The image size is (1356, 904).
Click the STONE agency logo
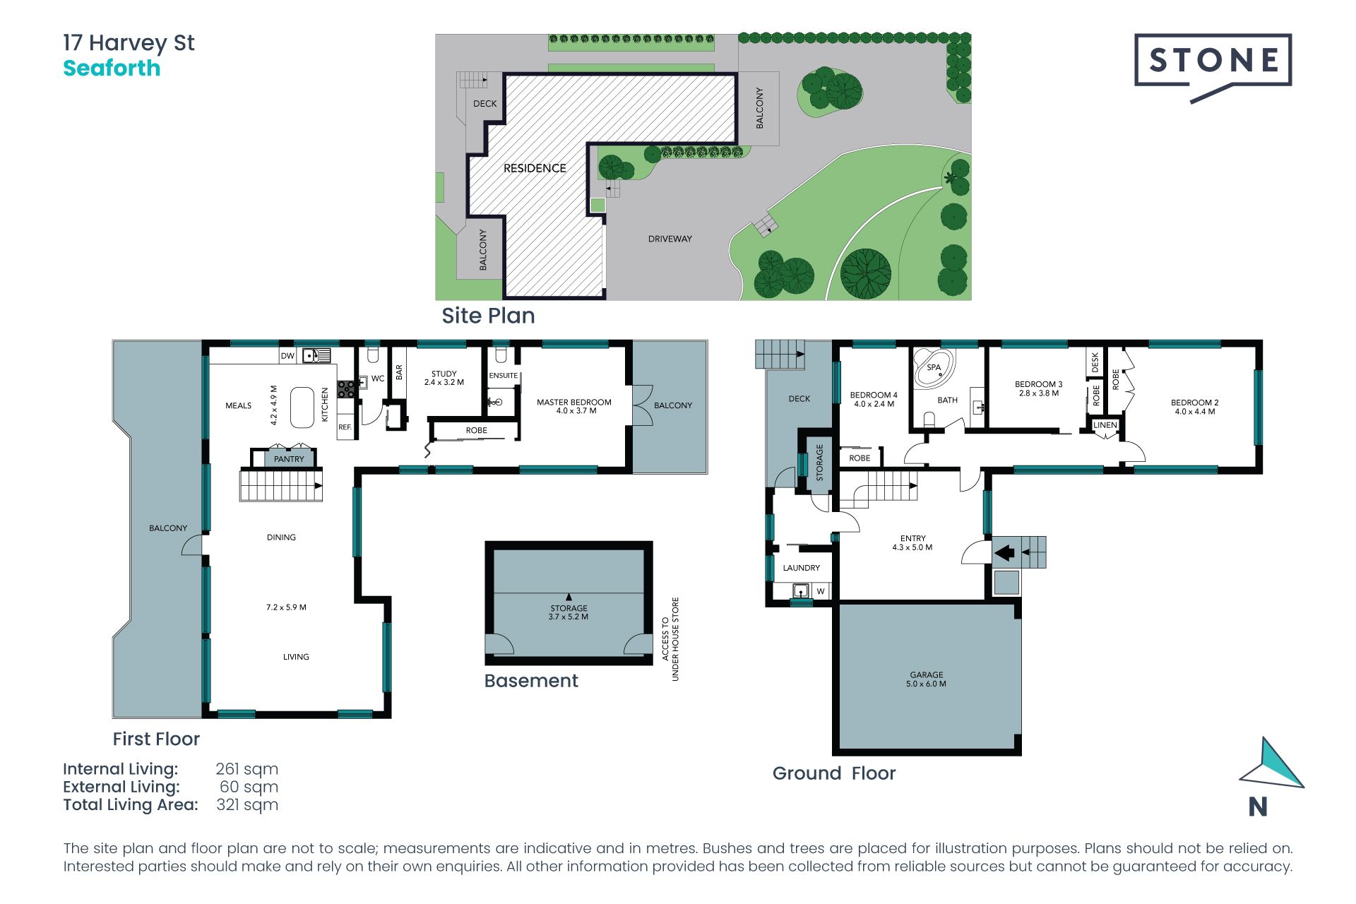pyautogui.click(x=1213, y=65)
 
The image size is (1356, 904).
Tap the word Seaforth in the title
pyautogui.click(x=112, y=69)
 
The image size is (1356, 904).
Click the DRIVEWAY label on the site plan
pyautogui.click(x=670, y=239)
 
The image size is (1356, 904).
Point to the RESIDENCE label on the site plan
pyautogui.click(x=535, y=168)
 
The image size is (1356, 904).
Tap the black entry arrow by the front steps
pyautogui.click(x=1005, y=552)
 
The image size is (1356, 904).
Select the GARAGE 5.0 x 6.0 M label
pyautogui.click(x=927, y=679)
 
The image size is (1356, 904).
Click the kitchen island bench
pyautogui.click(x=302, y=408)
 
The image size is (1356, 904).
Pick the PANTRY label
pyautogui.click(x=289, y=459)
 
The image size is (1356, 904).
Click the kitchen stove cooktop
pyautogui.click(x=346, y=389)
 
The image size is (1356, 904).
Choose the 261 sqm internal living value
pyautogui.click(x=247, y=769)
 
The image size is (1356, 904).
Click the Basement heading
pyautogui.click(x=531, y=681)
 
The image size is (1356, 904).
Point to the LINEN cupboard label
pyautogui.click(x=1105, y=425)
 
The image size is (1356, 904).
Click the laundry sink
pyautogui.click(x=800, y=590)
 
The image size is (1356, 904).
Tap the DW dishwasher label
pyautogui.click(x=287, y=356)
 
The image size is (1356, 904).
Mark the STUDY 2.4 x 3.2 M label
pyautogui.click(x=444, y=378)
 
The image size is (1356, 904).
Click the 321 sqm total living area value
pyautogui.click(x=247, y=805)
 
